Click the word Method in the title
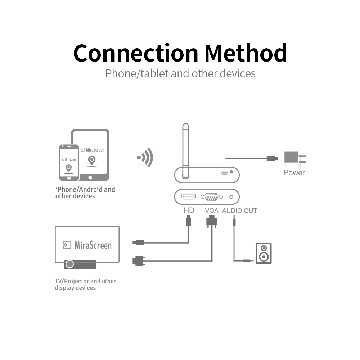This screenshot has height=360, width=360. coord(246,53)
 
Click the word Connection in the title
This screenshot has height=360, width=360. coord(136,53)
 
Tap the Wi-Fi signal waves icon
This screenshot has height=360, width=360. coord(145,157)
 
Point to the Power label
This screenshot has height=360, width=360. coord(294,172)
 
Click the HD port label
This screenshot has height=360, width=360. coord(189,210)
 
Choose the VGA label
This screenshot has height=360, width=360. coord(211,210)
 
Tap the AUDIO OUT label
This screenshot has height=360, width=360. coord(239,211)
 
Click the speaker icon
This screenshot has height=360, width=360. coord(264,253)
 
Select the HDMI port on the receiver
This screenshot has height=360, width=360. coord(189,197)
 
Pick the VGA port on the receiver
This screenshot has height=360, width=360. coord(212,197)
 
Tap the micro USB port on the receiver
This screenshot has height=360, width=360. coord(225,173)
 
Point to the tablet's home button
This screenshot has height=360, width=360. coord(90,177)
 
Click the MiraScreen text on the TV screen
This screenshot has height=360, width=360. coord(93,246)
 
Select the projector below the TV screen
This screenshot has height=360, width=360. coord(80,264)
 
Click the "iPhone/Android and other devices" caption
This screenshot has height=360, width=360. coord(85,193)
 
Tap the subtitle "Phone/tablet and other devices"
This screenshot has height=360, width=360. coord(180,73)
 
